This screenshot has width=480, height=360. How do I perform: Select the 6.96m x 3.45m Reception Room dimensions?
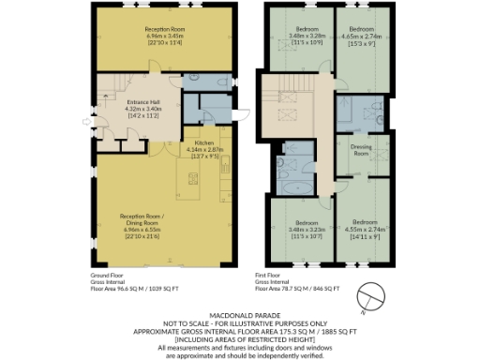click(163, 37)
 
